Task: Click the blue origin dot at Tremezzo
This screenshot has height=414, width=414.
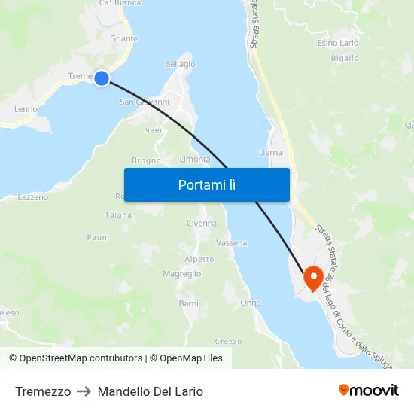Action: tap(102, 78)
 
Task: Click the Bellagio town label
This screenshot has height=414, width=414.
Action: tap(180, 64)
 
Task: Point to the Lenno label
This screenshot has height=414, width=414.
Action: tap(26, 109)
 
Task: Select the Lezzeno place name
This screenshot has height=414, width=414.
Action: tap(32, 197)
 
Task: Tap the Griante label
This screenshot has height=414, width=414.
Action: tap(123, 38)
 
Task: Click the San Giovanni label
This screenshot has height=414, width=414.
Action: tap(144, 102)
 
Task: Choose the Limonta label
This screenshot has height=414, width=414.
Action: tap(195, 159)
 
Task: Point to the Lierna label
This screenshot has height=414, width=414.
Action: tap(270, 152)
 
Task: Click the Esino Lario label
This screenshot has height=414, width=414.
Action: tap(338, 43)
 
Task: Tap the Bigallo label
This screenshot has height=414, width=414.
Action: tap(345, 58)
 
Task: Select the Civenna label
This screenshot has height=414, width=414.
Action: tap(201, 224)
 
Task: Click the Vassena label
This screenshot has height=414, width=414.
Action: tap(231, 243)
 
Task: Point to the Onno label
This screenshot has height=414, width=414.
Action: tap(251, 303)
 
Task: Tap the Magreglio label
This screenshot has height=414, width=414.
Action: tap(181, 274)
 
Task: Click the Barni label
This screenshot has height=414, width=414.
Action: tap(188, 303)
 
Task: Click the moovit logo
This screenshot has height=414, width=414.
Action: tap(368, 390)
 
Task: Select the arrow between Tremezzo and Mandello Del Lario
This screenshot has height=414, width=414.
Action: tap(84, 391)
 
